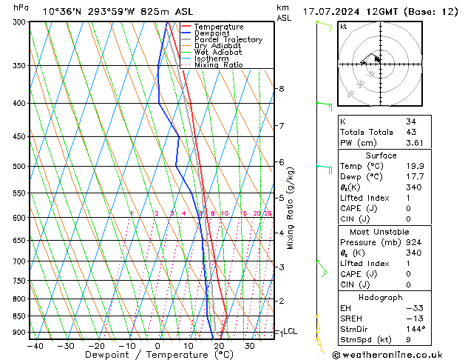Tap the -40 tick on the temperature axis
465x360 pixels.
click(x=34, y=346)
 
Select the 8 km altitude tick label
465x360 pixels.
click(x=281, y=89)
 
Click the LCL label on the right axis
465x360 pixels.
click(x=291, y=331)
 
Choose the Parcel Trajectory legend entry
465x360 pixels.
click(x=228, y=40)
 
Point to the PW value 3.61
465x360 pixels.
click(x=413, y=143)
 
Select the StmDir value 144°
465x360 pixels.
click(x=414, y=329)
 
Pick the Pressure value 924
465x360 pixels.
click(x=413, y=242)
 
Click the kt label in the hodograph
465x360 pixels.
click(x=344, y=27)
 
